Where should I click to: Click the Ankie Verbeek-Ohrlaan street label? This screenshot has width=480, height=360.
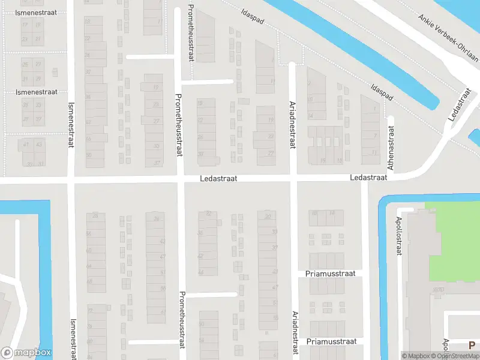point(449,37)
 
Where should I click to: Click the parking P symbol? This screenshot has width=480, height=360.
point(472,345)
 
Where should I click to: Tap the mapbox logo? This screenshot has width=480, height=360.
point(26,353)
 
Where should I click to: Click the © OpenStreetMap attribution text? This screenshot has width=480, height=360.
point(455,356)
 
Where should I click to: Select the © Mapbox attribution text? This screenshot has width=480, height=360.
point(416,356)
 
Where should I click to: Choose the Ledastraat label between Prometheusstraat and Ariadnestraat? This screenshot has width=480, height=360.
point(219,179)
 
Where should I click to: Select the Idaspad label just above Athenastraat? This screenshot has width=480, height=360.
point(382,92)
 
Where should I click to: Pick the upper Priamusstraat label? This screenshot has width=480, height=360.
point(331,274)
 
